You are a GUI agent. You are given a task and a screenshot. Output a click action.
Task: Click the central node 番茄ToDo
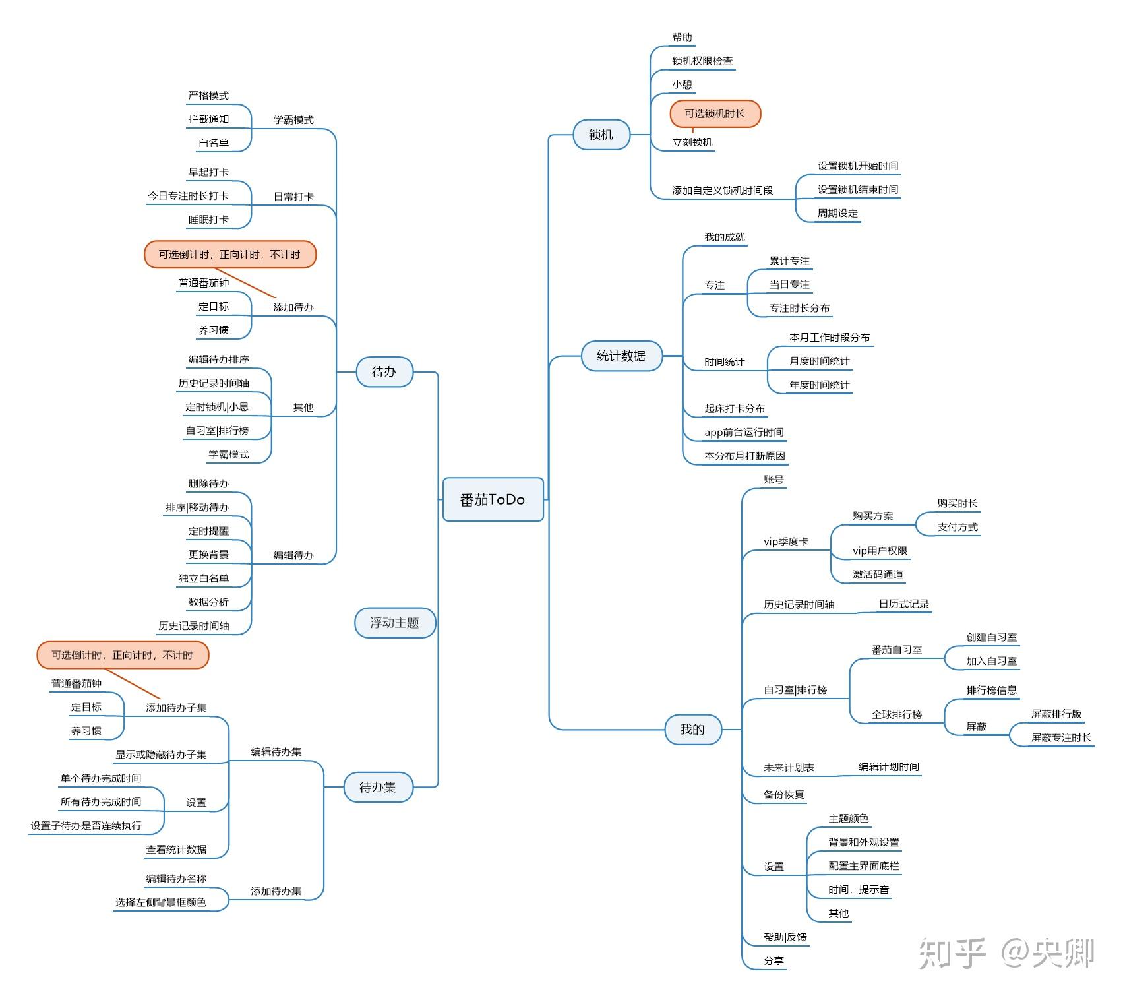pos(493,499)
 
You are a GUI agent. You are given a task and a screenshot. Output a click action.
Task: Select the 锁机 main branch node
pos(601,135)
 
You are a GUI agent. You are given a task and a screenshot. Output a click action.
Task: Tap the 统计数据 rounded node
pos(621,356)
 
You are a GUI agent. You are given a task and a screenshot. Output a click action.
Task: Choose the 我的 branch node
pos(692,729)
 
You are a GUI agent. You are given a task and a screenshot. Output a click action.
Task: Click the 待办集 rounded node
pos(378,787)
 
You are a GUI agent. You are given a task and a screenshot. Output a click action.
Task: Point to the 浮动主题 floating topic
pos(394,623)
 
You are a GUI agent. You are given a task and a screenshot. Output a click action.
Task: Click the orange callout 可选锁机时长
pos(715,113)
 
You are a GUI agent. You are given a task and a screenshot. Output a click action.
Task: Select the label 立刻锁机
pos(692,142)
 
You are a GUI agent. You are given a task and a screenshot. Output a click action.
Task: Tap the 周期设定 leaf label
pos(837,214)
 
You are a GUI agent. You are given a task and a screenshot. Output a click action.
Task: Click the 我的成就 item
pos(724,237)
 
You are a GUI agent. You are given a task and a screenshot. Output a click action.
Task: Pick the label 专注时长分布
pos(799,308)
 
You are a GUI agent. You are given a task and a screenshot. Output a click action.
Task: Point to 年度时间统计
pos(819,385)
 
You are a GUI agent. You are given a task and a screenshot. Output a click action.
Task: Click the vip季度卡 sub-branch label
pos(785,542)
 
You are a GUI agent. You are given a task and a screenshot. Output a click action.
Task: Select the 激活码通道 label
pos(878,575)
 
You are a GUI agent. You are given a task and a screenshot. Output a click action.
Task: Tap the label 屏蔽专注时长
pos(1061,737)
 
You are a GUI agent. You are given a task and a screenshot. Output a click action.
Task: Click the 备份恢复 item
pos(783,795)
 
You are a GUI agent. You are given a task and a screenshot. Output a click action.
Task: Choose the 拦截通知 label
pos(208,119)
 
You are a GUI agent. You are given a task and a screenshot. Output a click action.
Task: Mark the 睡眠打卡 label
pos(208,220)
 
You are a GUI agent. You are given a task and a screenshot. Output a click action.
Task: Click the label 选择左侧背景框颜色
pos(160,902)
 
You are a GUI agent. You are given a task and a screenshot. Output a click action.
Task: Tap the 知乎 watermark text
pos(952,953)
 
